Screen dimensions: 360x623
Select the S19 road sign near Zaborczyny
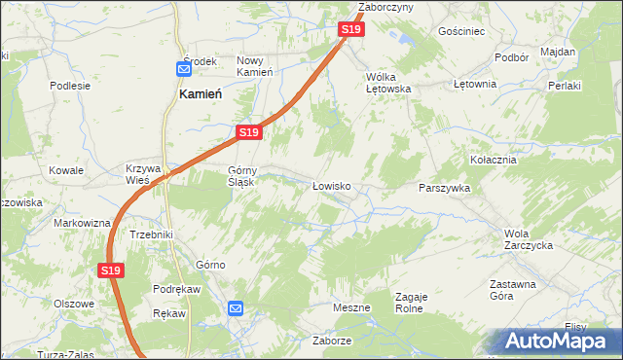click(x=351, y=30)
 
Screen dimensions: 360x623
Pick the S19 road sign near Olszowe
click(x=111, y=271)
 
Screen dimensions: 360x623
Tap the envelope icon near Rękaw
click(x=236, y=308)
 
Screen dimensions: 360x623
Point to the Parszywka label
click(x=444, y=188)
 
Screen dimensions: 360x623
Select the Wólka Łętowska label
click(x=388, y=82)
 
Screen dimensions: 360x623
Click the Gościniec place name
click(x=461, y=31)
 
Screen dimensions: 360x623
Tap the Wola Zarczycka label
click(x=529, y=239)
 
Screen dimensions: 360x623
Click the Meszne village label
click(x=351, y=307)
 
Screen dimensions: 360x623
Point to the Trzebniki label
click(x=151, y=234)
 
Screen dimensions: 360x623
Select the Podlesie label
click(x=70, y=85)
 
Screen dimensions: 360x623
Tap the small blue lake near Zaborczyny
click(x=400, y=41)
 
